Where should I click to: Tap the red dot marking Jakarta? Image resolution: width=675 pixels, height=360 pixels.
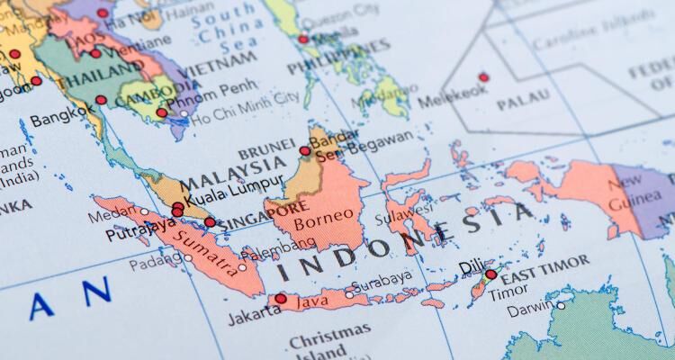point(281,299)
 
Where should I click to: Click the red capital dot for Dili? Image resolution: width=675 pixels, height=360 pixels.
point(490,274)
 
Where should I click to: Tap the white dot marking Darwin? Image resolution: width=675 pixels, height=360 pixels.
point(561,306)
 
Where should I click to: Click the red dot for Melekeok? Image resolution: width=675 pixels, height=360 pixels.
point(484,77)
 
